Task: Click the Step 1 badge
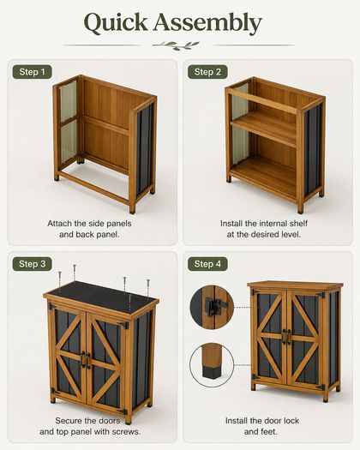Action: coord(33,72)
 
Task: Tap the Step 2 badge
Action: coord(207,72)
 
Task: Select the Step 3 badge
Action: coord(33,264)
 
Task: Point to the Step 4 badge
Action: coord(207,264)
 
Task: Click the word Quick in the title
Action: coord(116,23)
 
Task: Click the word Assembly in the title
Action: coord(207,23)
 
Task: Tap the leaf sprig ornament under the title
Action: coord(176,45)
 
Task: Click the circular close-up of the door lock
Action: coord(212,307)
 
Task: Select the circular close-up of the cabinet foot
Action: coord(212,365)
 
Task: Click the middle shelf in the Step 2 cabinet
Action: coord(264,128)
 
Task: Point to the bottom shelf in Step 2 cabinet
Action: coord(264,175)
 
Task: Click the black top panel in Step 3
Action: coord(101,297)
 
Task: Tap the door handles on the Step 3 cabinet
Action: coord(86,360)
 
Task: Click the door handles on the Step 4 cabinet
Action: coord(286,336)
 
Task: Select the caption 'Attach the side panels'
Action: coord(89,223)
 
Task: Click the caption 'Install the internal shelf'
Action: coord(264,223)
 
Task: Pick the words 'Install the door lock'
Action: coord(262,421)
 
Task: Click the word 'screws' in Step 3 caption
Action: coord(125,432)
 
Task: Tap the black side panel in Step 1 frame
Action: coord(144,149)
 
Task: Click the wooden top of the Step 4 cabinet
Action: coord(295,285)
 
